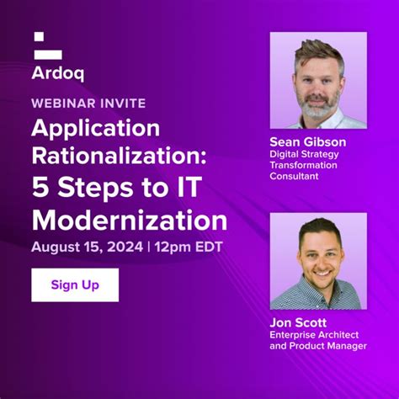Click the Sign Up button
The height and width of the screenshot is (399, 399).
(x=75, y=285)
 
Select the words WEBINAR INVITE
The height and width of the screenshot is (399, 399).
(x=88, y=103)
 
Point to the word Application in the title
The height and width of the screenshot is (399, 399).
(x=96, y=128)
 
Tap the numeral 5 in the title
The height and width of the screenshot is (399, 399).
(x=40, y=189)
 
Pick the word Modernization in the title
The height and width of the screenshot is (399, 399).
(x=130, y=220)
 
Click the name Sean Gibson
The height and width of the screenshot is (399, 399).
(x=307, y=141)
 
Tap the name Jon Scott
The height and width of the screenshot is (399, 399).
(x=298, y=322)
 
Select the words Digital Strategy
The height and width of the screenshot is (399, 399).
(x=303, y=154)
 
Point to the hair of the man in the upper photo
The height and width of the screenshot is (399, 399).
(x=317, y=51)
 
